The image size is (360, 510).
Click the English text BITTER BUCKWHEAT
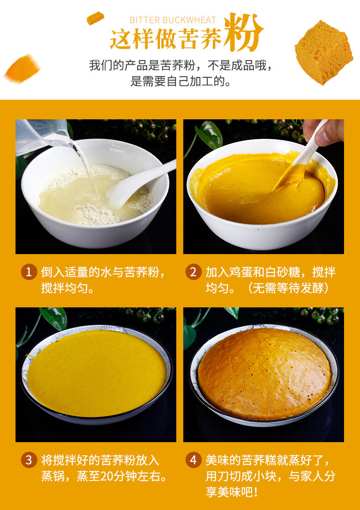(173, 20)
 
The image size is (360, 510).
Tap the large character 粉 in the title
(243, 32)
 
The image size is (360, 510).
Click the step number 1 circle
(29, 271)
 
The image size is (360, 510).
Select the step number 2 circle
(193, 271)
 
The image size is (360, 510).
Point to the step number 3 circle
(29, 460)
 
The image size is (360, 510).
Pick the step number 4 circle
(193, 460)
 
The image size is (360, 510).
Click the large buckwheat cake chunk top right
(324, 52)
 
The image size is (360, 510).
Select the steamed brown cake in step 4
(264, 373)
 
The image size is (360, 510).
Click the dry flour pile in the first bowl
(98, 214)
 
